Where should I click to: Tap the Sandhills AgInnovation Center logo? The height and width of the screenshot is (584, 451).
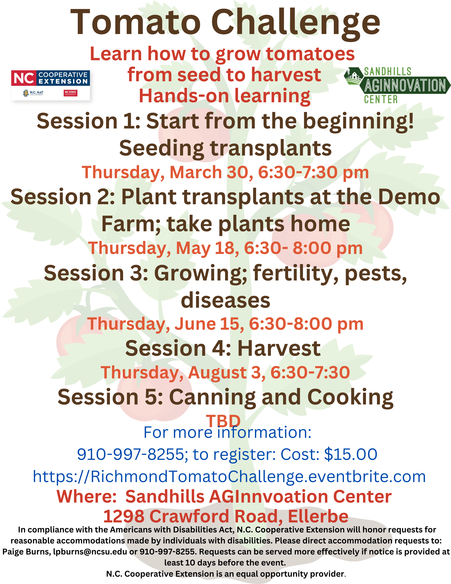tap(397, 85)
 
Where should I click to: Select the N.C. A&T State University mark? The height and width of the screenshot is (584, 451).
tap(33, 93)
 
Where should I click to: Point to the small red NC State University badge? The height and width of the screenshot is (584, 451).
tap(71, 93)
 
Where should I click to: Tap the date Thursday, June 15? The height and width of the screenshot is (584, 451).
tap(166, 324)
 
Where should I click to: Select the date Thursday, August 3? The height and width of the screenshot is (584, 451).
tap(183, 372)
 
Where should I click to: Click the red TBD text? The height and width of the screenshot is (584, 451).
tap(223, 421)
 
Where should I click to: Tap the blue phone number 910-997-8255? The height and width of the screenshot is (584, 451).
tap(131, 454)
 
